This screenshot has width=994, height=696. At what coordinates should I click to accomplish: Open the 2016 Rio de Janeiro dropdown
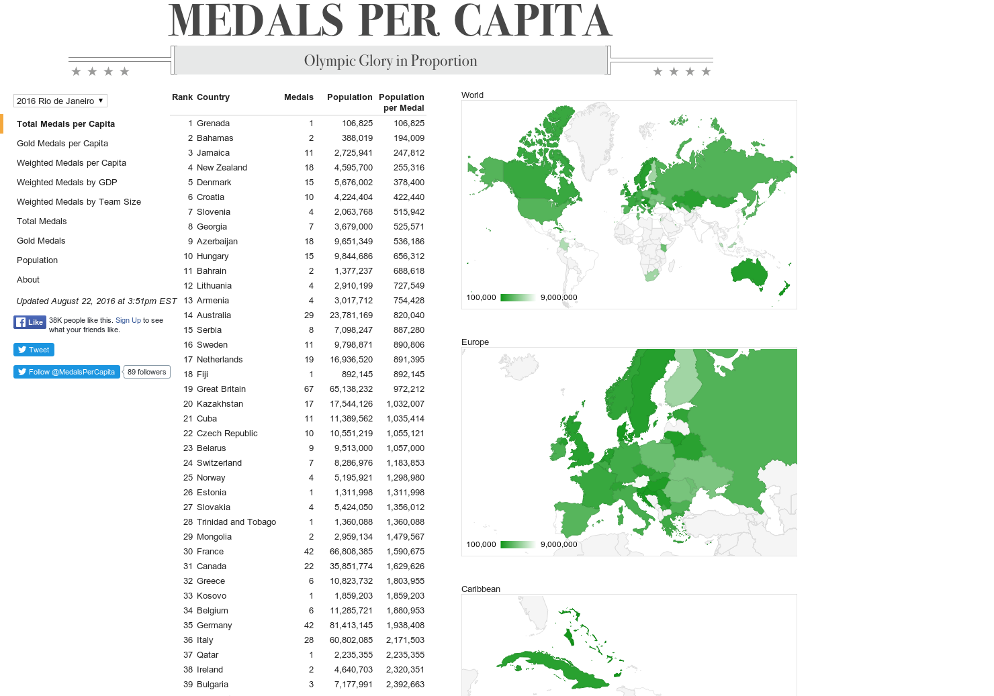coord(60,101)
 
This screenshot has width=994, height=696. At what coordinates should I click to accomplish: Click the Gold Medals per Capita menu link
coord(62,143)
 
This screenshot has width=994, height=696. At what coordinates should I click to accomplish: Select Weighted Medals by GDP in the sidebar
coord(67,182)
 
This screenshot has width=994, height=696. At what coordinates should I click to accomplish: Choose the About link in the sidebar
coord(28,279)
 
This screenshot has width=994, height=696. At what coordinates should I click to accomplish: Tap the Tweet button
coord(34,350)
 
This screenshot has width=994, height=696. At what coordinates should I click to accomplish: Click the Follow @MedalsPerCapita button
coord(66,372)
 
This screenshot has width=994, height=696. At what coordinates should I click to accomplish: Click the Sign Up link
coord(128,320)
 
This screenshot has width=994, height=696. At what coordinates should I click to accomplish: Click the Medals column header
coord(298,97)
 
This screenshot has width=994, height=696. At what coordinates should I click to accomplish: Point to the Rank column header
coord(182,97)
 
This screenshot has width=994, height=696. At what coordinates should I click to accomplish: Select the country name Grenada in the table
coord(213,123)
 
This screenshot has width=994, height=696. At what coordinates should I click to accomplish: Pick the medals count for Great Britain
coord(309,389)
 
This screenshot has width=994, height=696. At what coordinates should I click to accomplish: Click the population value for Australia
coord(351,315)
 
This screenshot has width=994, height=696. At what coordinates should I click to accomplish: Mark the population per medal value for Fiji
coord(409,375)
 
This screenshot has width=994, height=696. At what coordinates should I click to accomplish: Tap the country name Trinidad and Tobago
coord(236,522)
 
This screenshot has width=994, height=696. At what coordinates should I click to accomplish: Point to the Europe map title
coord(475,342)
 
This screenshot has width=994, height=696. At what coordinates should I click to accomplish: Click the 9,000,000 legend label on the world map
coord(559,297)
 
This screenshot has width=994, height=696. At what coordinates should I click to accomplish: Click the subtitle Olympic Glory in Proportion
coord(390,61)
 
